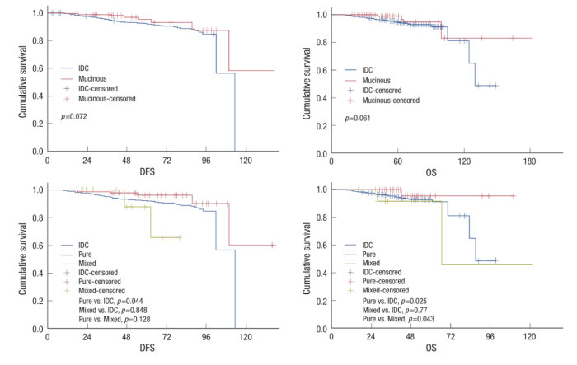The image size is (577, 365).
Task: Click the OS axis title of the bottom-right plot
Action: click(429, 349)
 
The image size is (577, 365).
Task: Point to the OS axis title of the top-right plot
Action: click(429, 171)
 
